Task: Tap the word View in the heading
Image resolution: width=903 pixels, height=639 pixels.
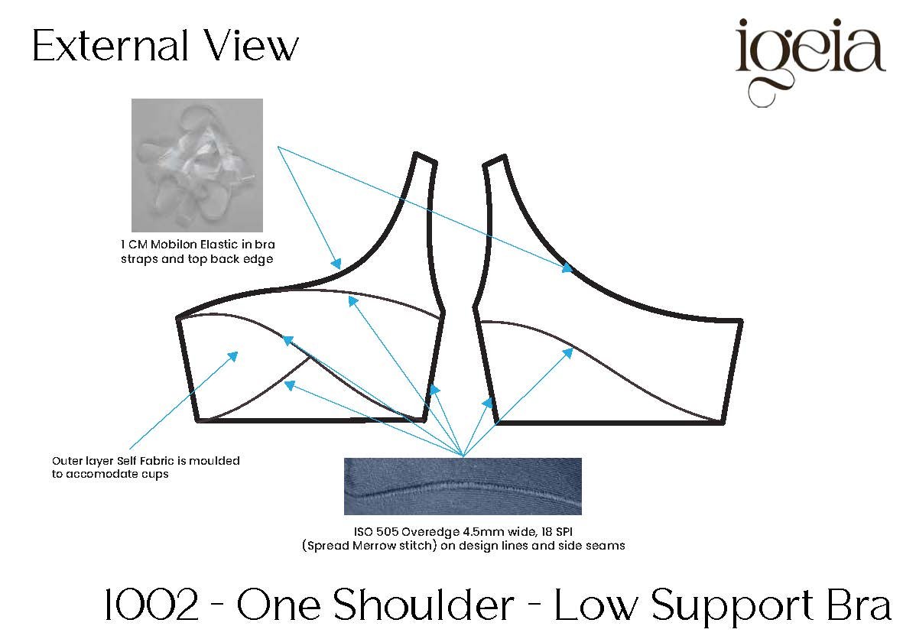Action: [x=252, y=45]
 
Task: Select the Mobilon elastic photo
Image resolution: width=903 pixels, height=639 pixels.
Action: [x=197, y=165]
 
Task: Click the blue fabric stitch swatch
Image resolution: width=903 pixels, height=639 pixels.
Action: [x=463, y=486]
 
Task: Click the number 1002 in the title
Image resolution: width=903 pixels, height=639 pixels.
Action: [x=151, y=605]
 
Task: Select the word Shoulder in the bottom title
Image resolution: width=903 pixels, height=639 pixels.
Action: [x=424, y=605]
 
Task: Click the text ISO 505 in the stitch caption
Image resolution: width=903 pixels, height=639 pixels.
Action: [x=376, y=531]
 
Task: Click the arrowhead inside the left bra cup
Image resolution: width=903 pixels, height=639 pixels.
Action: [x=232, y=356]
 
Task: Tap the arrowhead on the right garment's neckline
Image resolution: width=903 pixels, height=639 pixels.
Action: [x=567, y=268]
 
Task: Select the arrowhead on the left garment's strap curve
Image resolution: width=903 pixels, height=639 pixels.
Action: [x=335, y=264]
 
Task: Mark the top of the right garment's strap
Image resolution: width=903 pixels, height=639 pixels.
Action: [x=494, y=161]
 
